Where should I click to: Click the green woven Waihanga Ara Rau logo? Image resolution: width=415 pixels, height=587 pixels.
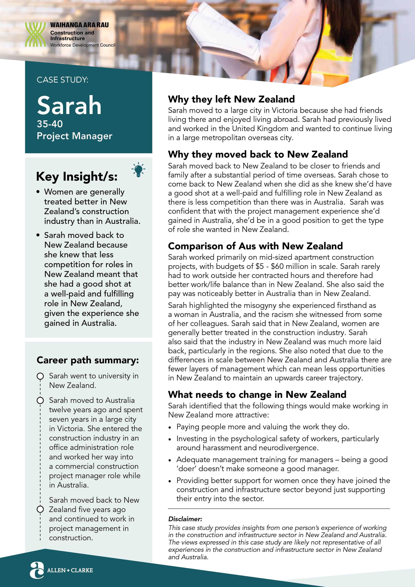35,34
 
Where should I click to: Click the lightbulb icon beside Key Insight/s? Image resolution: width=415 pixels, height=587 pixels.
138,169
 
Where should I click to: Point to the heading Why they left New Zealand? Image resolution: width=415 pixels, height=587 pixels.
231,99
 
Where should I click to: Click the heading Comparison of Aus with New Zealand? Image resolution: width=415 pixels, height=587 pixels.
255,246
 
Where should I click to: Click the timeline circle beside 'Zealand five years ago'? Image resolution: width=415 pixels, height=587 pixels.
40,509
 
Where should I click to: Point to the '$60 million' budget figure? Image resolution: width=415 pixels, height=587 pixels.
290,266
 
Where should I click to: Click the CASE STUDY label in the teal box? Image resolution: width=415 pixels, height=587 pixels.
62,80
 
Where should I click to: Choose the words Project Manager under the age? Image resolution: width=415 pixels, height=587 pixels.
74,136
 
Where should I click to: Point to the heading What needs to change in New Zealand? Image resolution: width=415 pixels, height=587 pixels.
257,394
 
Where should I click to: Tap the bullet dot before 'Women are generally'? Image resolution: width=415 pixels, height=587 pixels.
38,192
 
